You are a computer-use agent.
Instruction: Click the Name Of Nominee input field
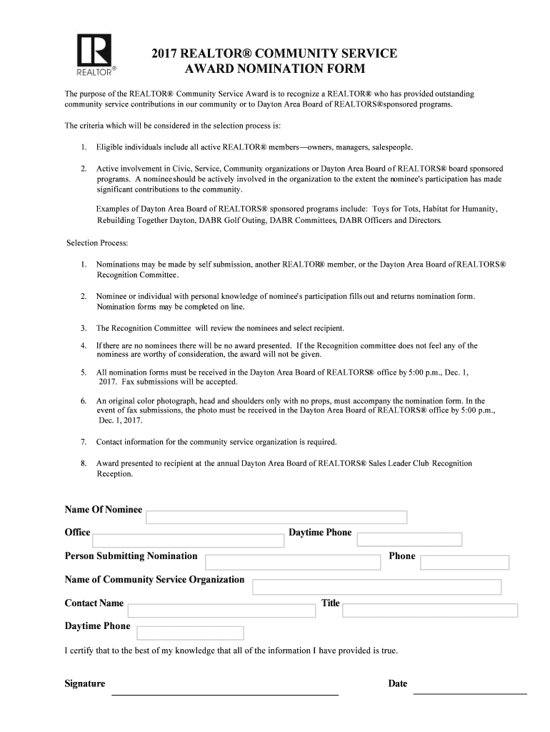click(276, 518)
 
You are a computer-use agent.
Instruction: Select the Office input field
click(189, 540)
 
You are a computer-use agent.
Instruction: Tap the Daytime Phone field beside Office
click(409, 540)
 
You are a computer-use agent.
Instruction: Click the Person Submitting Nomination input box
click(293, 563)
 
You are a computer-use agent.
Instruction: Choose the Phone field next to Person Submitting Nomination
click(464, 563)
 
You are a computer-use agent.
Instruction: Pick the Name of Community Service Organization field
click(376, 587)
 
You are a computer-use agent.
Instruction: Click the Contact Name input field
click(221, 610)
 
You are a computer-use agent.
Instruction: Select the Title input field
click(430, 610)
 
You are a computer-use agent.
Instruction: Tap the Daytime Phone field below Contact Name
click(190, 633)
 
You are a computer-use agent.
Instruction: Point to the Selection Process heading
click(97, 243)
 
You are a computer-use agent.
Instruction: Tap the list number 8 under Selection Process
click(84, 463)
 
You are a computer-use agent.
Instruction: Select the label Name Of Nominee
click(104, 510)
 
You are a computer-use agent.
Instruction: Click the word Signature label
click(85, 684)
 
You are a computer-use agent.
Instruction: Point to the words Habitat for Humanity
click(461, 209)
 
